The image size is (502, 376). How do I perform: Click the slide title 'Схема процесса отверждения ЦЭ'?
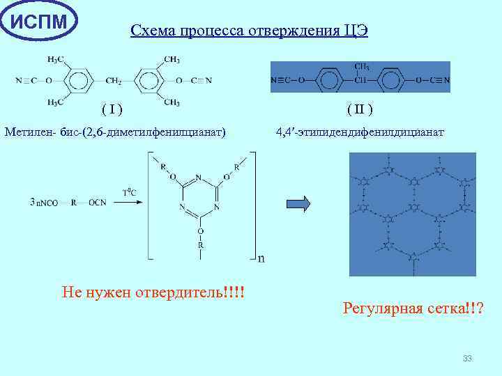point(249,31)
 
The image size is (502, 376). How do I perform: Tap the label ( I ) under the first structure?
point(112,109)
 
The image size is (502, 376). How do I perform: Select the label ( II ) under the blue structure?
point(360,109)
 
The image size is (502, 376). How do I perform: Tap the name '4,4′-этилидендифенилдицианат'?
point(359,130)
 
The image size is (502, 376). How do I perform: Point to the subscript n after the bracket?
point(261,259)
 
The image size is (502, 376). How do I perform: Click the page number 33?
point(466,359)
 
